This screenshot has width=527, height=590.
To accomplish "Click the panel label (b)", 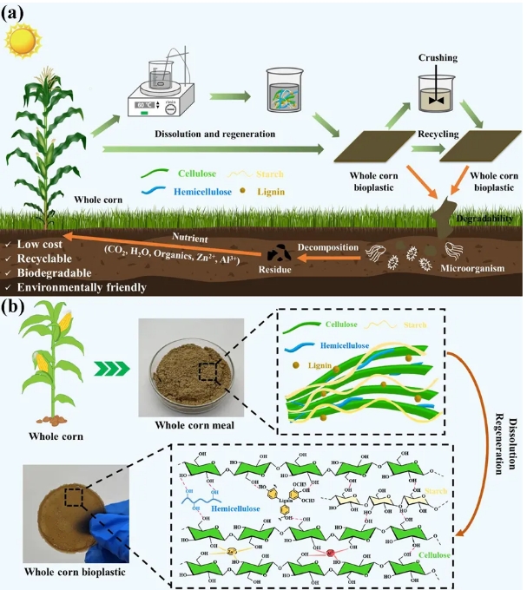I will point(19,307).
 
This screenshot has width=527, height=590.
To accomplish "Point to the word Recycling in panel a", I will point(438,136).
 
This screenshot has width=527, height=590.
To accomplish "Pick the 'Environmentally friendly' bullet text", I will point(79,285).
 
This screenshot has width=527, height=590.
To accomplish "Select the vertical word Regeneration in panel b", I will point(501,442).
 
